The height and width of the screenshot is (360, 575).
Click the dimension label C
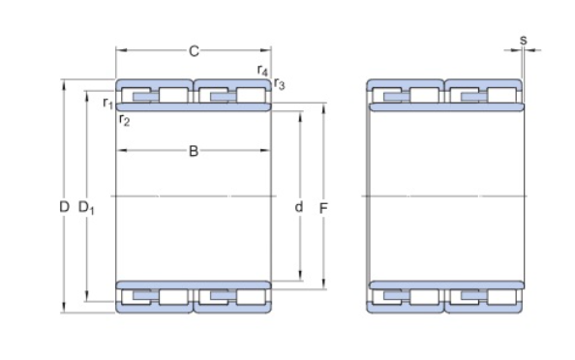point(194,51)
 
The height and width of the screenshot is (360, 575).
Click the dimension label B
point(194,151)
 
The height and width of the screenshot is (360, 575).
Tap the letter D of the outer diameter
point(64,207)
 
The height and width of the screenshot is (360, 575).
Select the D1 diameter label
point(86,208)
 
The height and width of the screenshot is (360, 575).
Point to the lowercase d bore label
point(299,207)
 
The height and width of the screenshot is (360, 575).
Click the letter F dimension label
point(323,209)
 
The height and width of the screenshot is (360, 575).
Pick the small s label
point(524,40)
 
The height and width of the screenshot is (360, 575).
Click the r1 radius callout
point(107,103)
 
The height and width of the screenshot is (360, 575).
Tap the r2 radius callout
point(125,120)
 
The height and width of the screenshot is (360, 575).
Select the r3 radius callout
point(280,84)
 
